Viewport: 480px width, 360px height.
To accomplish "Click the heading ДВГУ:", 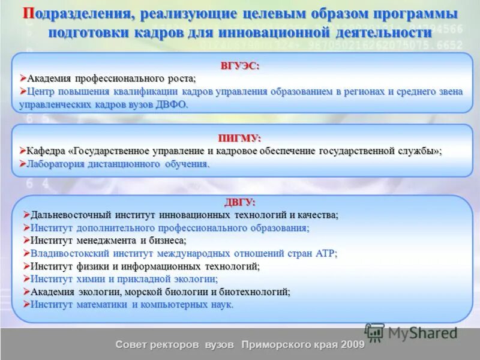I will click(240, 202).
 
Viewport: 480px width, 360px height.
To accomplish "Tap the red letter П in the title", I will click(28, 14).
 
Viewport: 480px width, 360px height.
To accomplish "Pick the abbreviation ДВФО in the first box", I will click(172, 104).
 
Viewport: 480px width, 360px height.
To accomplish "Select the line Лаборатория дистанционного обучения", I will click(118, 164).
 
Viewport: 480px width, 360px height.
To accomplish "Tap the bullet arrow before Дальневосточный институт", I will click(26, 214).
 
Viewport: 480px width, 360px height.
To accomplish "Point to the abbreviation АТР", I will click(325, 253).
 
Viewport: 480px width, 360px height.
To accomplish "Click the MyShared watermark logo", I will click(411, 332).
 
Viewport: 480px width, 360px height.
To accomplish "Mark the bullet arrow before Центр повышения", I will click(23, 91).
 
